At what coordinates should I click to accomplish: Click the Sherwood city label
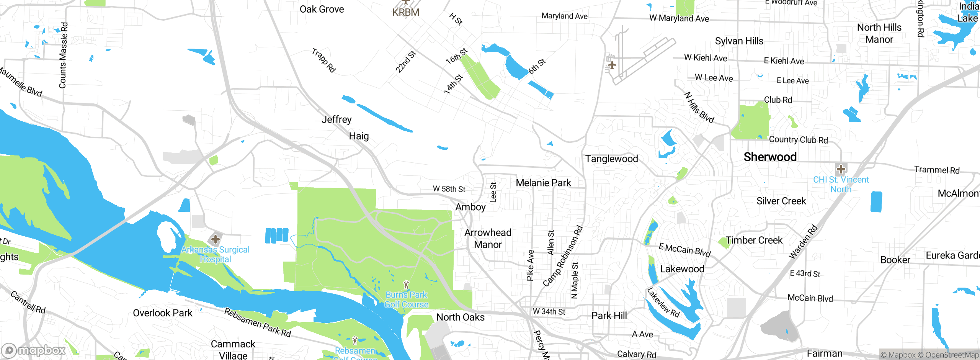coord(770,157)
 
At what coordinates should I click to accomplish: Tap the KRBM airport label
coord(406,12)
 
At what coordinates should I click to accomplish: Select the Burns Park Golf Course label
coord(406,300)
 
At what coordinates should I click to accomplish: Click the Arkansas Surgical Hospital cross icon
coord(216,239)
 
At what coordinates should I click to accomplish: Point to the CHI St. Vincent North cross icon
coord(841,169)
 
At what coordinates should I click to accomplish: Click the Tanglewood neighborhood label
coord(611,159)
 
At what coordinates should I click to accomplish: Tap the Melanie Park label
coord(543,183)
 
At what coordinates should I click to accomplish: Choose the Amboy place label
coord(470,207)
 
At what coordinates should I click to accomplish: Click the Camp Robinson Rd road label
coord(563,256)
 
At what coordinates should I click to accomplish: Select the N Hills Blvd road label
coord(699,108)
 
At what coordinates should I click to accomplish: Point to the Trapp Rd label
coord(324,61)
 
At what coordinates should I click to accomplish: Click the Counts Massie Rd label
coord(64,56)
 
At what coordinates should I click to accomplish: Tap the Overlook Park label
coord(163,313)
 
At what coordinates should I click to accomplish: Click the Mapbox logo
coord(34,350)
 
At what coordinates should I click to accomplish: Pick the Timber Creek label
coord(754,241)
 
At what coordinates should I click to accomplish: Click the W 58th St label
coord(449,189)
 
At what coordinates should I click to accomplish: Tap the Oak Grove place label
coord(322,10)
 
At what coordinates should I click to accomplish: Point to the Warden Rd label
coord(803,242)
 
